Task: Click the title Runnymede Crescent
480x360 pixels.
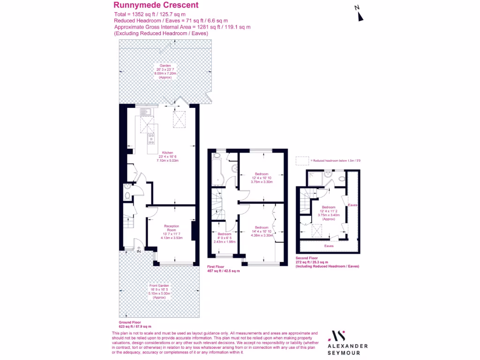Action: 156,5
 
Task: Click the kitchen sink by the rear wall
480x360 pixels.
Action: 143,112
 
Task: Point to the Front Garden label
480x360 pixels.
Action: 159,291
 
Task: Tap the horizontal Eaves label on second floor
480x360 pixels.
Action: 329,245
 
